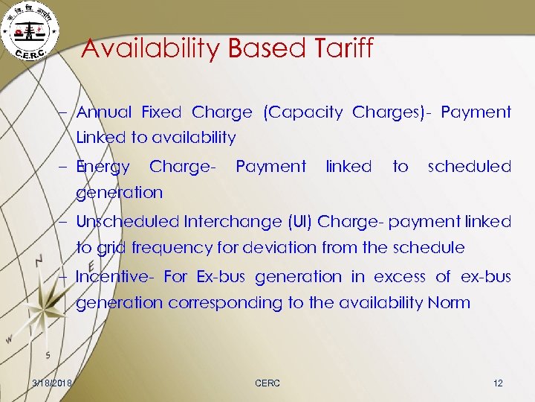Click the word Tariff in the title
pyautogui.click(x=340, y=49)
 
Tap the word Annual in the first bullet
pyautogui.click(x=104, y=112)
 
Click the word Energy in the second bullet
pyautogui.click(x=103, y=167)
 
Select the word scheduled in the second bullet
pyautogui.click(x=470, y=166)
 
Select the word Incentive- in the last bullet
pyautogui.click(x=114, y=277)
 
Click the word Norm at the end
pyautogui.click(x=450, y=302)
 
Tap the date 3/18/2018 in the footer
pyautogui.click(x=52, y=383)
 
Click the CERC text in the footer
pyautogui.click(x=267, y=383)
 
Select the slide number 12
pyautogui.click(x=498, y=383)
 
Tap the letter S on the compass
pyautogui.click(x=48, y=354)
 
